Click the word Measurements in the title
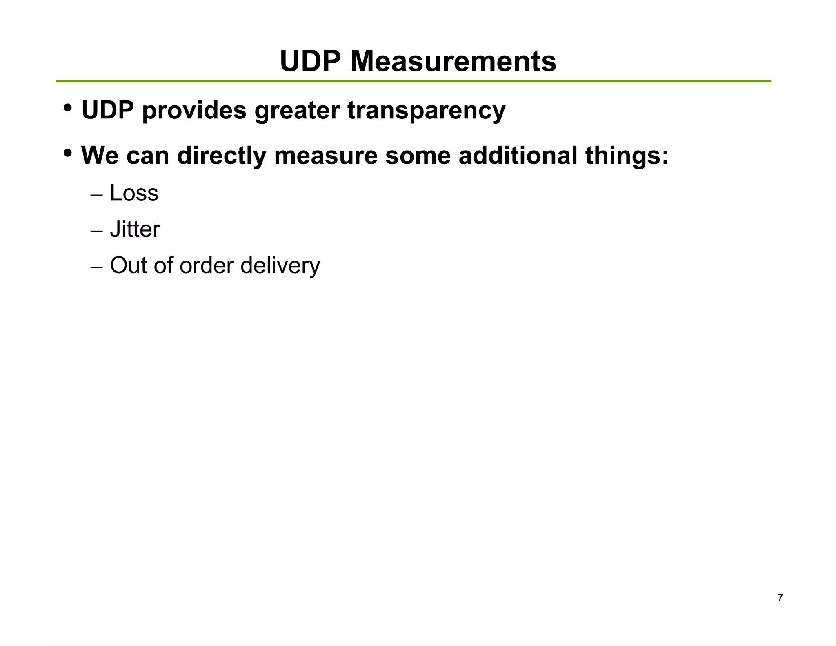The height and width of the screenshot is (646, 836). [x=453, y=62]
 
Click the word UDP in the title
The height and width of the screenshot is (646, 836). [x=310, y=62]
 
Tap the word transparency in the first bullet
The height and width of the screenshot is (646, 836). [x=426, y=111]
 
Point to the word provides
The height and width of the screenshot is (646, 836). [x=194, y=111]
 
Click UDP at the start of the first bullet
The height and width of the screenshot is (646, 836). [x=108, y=110]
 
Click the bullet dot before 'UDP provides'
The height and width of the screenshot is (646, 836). [x=68, y=108]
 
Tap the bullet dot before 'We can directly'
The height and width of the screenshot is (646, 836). [x=68, y=154]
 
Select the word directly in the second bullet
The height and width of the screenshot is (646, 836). [x=221, y=156]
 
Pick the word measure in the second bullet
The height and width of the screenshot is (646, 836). [x=326, y=156]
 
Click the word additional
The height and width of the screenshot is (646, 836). [x=518, y=156]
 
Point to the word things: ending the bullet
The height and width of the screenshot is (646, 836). [x=627, y=156]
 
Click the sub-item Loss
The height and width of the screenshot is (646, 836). [x=134, y=193]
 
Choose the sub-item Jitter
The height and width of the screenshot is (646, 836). [x=135, y=229]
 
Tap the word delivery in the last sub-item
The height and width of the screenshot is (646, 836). [x=280, y=266]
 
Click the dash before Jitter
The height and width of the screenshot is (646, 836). [x=96, y=231]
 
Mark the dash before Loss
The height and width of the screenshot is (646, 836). [x=96, y=194]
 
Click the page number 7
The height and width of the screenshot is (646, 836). [x=780, y=598]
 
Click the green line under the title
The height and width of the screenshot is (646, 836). [x=413, y=82]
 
